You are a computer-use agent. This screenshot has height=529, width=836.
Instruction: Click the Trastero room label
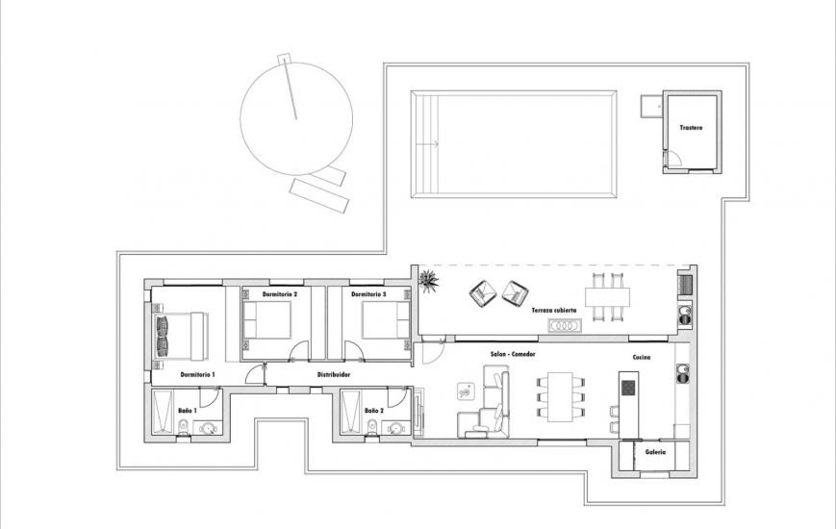(x=690, y=128)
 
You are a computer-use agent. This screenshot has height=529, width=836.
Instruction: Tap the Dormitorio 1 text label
(x=197, y=373)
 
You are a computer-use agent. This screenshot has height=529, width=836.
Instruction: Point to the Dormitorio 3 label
(x=368, y=294)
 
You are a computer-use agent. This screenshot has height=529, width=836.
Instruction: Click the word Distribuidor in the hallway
(x=333, y=374)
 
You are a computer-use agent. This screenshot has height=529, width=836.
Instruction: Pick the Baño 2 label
(x=374, y=411)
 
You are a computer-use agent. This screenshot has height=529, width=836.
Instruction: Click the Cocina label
(x=642, y=358)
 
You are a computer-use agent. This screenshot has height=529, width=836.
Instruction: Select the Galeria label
(x=655, y=451)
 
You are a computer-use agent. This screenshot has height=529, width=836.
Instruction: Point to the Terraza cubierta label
(x=554, y=311)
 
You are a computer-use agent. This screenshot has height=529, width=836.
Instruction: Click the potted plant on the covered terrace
(x=428, y=281)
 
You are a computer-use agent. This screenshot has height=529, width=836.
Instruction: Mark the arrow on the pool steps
(x=427, y=145)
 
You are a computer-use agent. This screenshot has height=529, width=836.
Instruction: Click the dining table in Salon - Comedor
(x=560, y=396)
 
